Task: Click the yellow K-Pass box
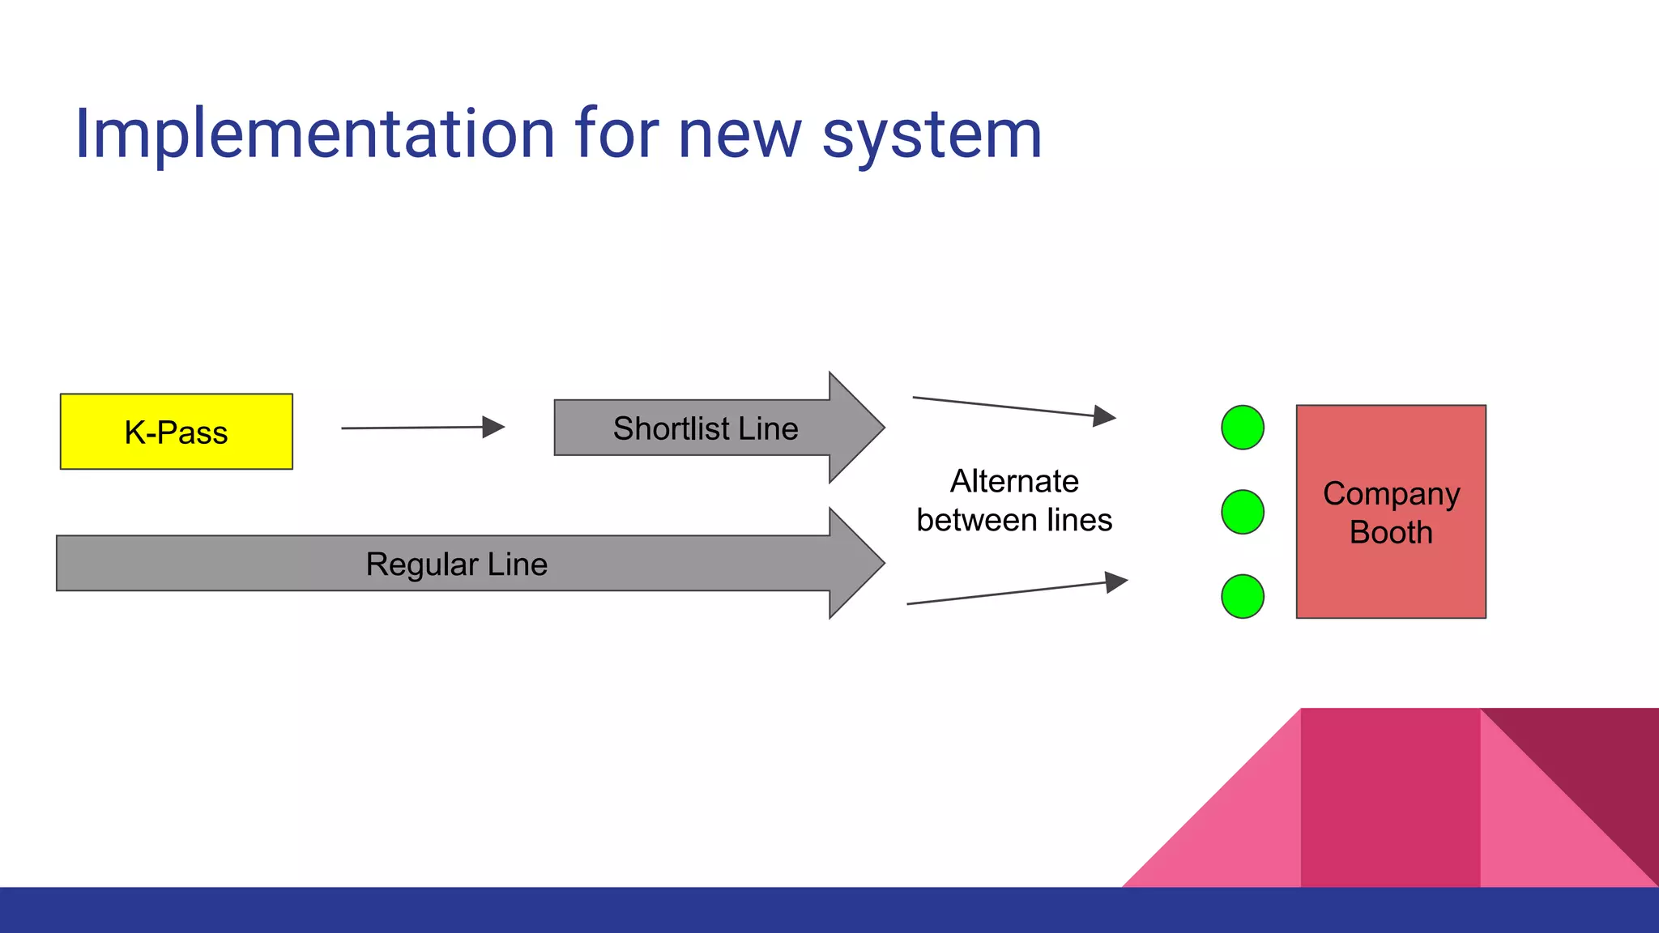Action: (176, 432)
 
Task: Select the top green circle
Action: (1242, 428)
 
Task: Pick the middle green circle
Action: (1242, 512)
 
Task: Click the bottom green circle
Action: (1242, 597)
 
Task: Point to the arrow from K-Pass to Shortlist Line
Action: (421, 428)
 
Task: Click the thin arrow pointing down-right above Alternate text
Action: (1013, 407)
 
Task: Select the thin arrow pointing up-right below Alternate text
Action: (1017, 593)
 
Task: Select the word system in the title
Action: (932, 136)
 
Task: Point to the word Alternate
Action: (1014, 481)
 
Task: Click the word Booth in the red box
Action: (1391, 533)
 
